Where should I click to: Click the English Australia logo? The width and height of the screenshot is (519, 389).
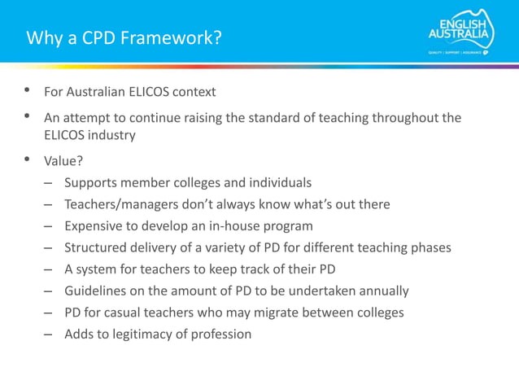point(461,36)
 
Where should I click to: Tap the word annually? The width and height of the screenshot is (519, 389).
point(381,291)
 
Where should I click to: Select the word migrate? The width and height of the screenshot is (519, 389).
point(301,313)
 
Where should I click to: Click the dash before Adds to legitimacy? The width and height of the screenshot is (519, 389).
point(49,334)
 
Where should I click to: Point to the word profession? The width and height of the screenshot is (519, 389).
point(222,334)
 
